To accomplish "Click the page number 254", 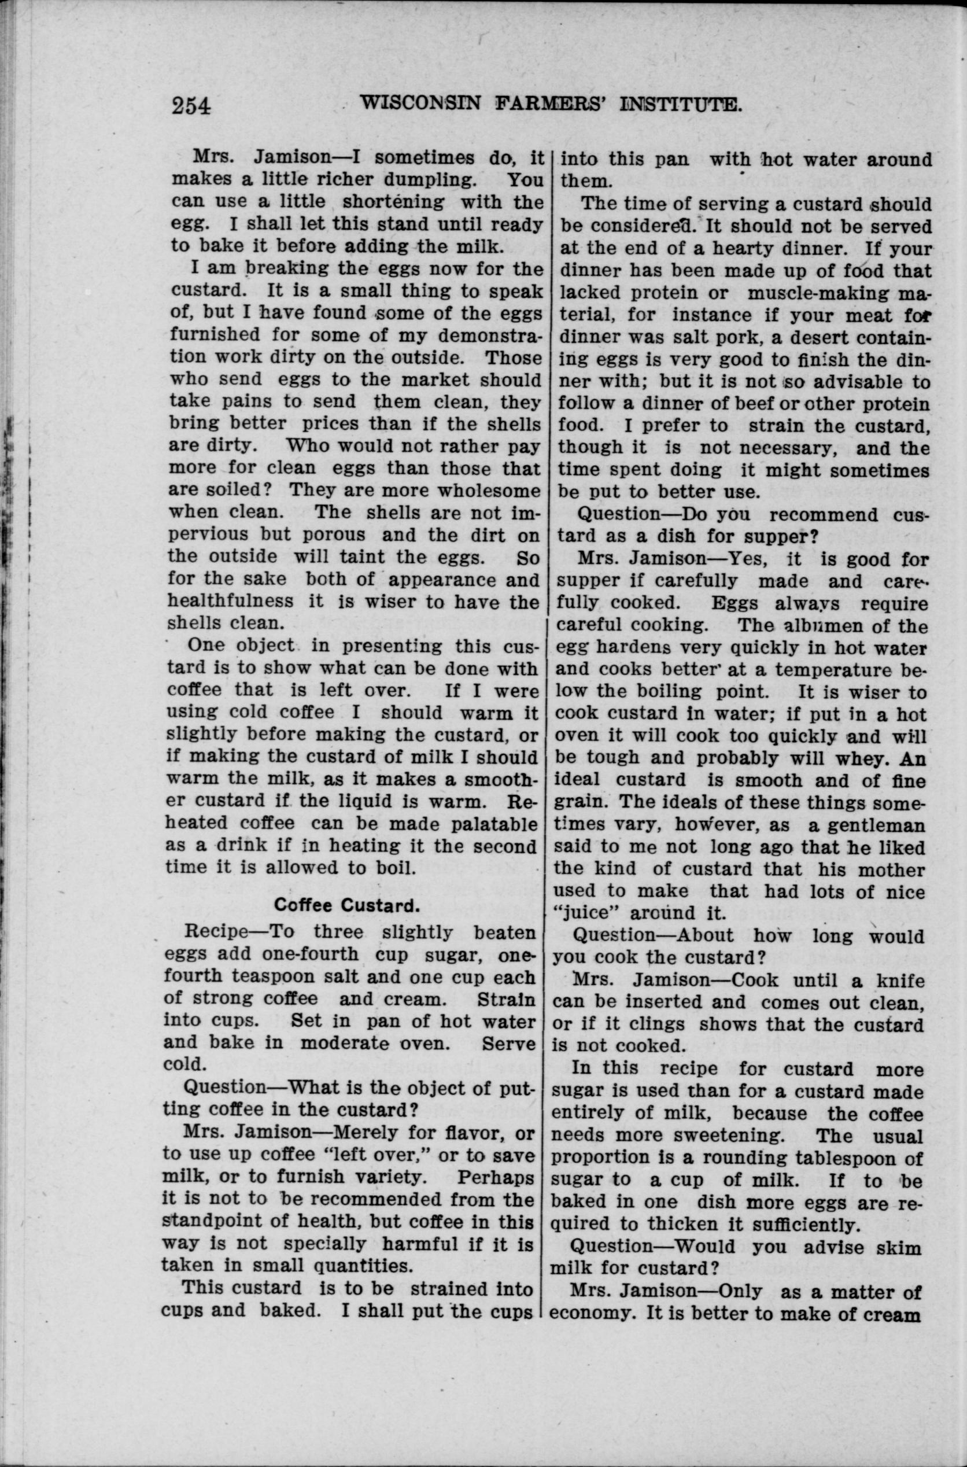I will click(x=191, y=105).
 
